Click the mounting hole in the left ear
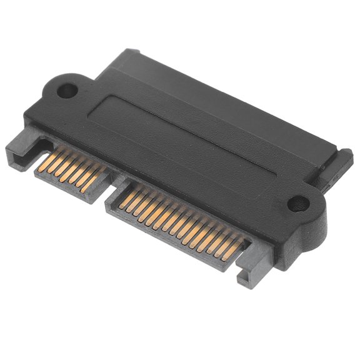[x=67, y=91]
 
